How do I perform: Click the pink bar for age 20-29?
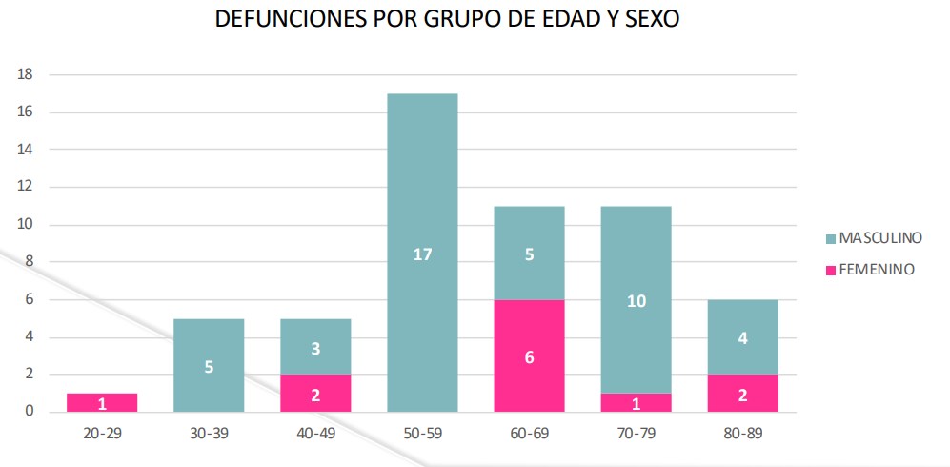click(101, 402)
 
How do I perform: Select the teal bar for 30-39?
click(209, 365)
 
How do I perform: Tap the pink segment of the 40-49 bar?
click(315, 393)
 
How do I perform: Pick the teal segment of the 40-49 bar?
click(315, 346)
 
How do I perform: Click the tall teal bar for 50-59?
click(422, 253)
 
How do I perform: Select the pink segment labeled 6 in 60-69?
click(529, 355)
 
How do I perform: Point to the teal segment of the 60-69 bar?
click(529, 253)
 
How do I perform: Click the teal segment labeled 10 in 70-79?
click(637, 299)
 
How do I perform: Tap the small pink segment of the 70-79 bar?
click(637, 402)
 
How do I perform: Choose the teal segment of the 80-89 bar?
click(743, 336)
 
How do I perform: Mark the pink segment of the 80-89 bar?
click(743, 393)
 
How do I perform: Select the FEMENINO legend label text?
click(878, 270)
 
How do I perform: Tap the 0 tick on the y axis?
click(30, 412)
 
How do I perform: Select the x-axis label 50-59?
click(422, 433)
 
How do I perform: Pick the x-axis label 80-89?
click(743, 433)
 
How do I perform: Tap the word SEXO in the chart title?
click(649, 20)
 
